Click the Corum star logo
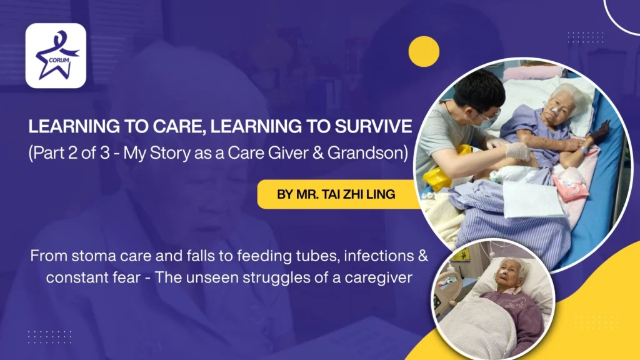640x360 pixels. point(56,56)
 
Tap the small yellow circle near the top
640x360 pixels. point(424,51)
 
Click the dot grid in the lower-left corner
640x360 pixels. point(49,336)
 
